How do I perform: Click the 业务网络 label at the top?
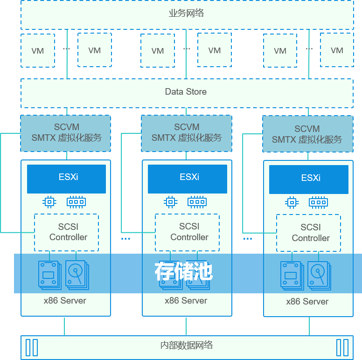click(x=186, y=13)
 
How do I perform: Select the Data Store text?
click(x=186, y=92)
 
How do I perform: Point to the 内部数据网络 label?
click(x=186, y=346)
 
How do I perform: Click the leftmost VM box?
click(x=38, y=50)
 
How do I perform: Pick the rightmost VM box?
click(x=336, y=50)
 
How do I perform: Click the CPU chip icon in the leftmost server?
click(x=49, y=201)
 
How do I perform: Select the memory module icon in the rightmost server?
click(x=318, y=202)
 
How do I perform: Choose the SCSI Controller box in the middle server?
click(x=188, y=232)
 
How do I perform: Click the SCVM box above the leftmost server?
click(x=66, y=133)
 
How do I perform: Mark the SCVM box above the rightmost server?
click(x=307, y=134)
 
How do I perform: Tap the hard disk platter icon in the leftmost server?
click(x=76, y=275)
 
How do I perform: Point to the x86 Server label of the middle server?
click(x=186, y=301)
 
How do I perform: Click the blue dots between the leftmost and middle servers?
click(x=126, y=239)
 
